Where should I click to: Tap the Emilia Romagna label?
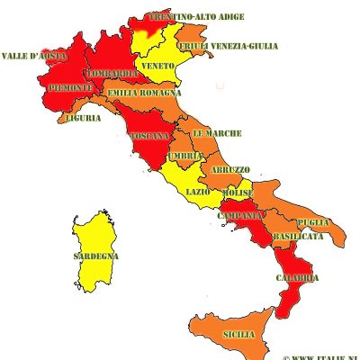(x=144, y=93)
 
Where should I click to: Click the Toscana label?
(x=149, y=136)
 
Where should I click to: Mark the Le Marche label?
(x=217, y=133)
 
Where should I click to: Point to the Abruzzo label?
(x=231, y=169)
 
